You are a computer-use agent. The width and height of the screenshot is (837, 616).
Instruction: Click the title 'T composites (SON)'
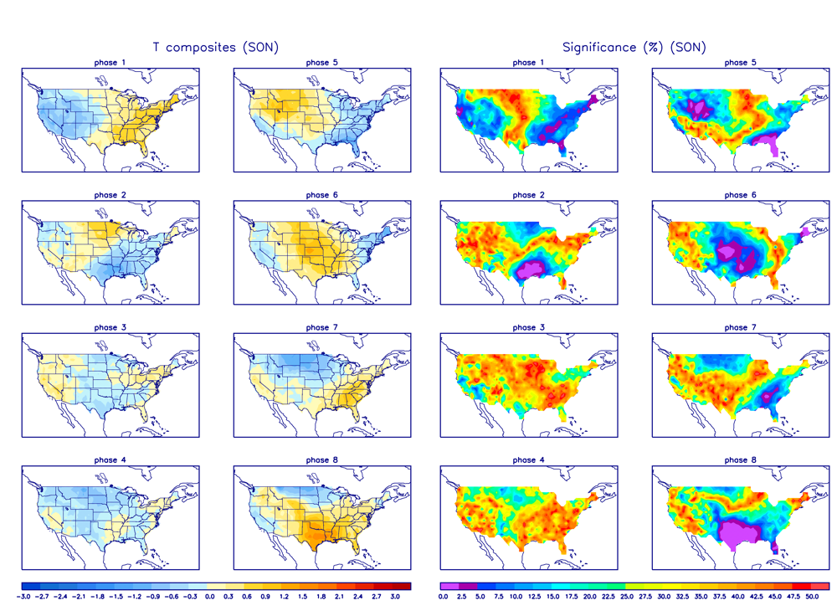tap(215, 48)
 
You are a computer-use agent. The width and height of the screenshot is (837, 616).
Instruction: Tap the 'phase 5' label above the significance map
tap(736, 63)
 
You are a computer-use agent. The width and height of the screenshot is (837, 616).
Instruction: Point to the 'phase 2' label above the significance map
tap(525, 195)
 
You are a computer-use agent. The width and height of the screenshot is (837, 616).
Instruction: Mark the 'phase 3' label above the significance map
tap(525, 328)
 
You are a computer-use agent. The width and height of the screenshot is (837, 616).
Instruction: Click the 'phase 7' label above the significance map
tap(736, 328)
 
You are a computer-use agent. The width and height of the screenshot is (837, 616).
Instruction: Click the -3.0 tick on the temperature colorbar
tap(24, 598)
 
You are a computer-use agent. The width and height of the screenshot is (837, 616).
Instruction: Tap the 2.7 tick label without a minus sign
tap(377, 598)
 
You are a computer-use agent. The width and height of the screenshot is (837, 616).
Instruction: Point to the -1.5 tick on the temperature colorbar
tap(117, 598)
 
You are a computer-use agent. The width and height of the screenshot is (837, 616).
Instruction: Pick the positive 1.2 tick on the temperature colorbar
tap(285, 598)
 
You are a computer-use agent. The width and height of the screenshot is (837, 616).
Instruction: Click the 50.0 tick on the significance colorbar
tap(811, 598)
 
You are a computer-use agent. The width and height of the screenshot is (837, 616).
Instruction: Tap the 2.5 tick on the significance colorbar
tap(460, 598)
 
